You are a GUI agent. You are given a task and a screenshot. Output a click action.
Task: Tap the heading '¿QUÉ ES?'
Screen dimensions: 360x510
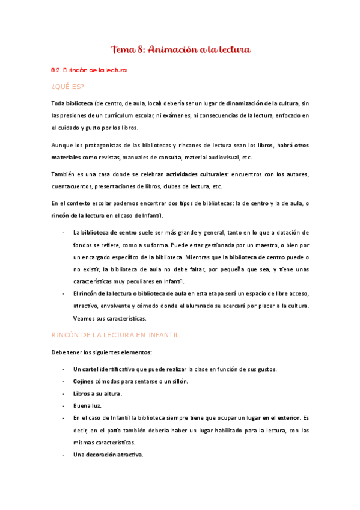(x=68, y=87)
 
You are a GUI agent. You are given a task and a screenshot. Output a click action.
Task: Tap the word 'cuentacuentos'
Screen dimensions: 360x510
(x=71, y=187)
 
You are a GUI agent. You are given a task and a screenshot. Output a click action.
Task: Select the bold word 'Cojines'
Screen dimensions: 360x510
(x=84, y=381)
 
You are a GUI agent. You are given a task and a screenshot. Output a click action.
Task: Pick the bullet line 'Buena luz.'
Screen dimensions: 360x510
(x=87, y=405)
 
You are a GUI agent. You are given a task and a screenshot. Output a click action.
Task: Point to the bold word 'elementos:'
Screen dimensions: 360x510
(x=136, y=352)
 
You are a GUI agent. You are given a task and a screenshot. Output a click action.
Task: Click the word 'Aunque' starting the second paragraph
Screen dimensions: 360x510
(x=61, y=145)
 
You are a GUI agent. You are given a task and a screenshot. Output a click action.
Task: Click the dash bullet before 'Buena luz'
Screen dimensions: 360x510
(x=64, y=405)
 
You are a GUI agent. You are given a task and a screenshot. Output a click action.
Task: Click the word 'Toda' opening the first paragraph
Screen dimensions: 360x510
(x=58, y=103)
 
